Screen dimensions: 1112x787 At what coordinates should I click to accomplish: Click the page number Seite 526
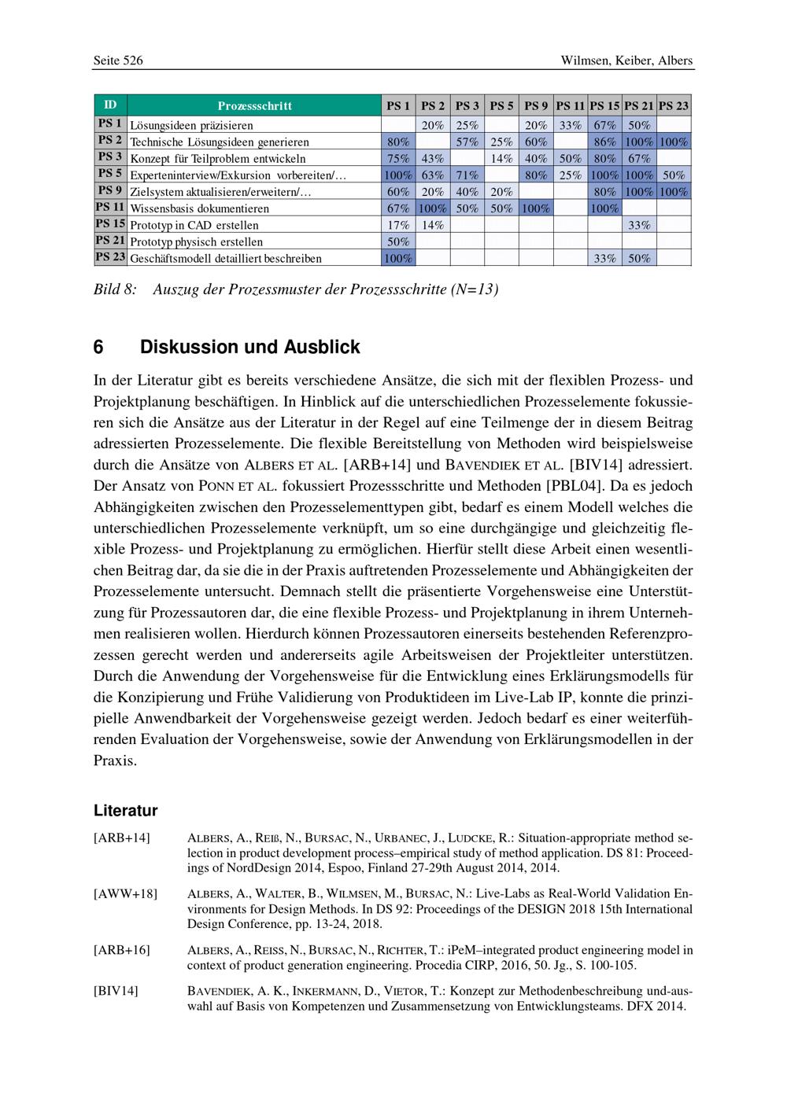click(118, 61)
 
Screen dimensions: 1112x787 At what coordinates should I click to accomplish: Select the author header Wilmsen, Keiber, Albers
click(626, 61)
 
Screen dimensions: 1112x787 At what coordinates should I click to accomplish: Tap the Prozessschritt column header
click(254, 105)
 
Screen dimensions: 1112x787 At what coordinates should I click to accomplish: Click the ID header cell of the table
click(110, 105)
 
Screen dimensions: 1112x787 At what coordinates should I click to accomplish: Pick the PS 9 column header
click(536, 105)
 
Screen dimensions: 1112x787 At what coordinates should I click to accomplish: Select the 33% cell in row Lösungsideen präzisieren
click(570, 125)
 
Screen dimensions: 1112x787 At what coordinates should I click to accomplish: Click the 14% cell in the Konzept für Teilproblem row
click(501, 158)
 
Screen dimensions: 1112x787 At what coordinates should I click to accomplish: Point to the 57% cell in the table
click(467, 142)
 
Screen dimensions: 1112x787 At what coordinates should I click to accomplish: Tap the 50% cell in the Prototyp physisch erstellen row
click(398, 241)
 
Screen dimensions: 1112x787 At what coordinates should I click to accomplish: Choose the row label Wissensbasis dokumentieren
click(199, 208)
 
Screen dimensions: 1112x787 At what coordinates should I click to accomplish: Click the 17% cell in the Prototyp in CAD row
click(398, 225)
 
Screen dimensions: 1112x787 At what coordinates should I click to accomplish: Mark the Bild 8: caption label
click(115, 289)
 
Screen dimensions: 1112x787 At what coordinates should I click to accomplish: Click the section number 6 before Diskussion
click(98, 347)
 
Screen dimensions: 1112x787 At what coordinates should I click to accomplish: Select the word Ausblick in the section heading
click(323, 347)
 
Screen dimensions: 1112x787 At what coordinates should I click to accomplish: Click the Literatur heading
click(125, 811)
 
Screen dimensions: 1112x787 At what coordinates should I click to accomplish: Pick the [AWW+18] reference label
click(125, 893)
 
